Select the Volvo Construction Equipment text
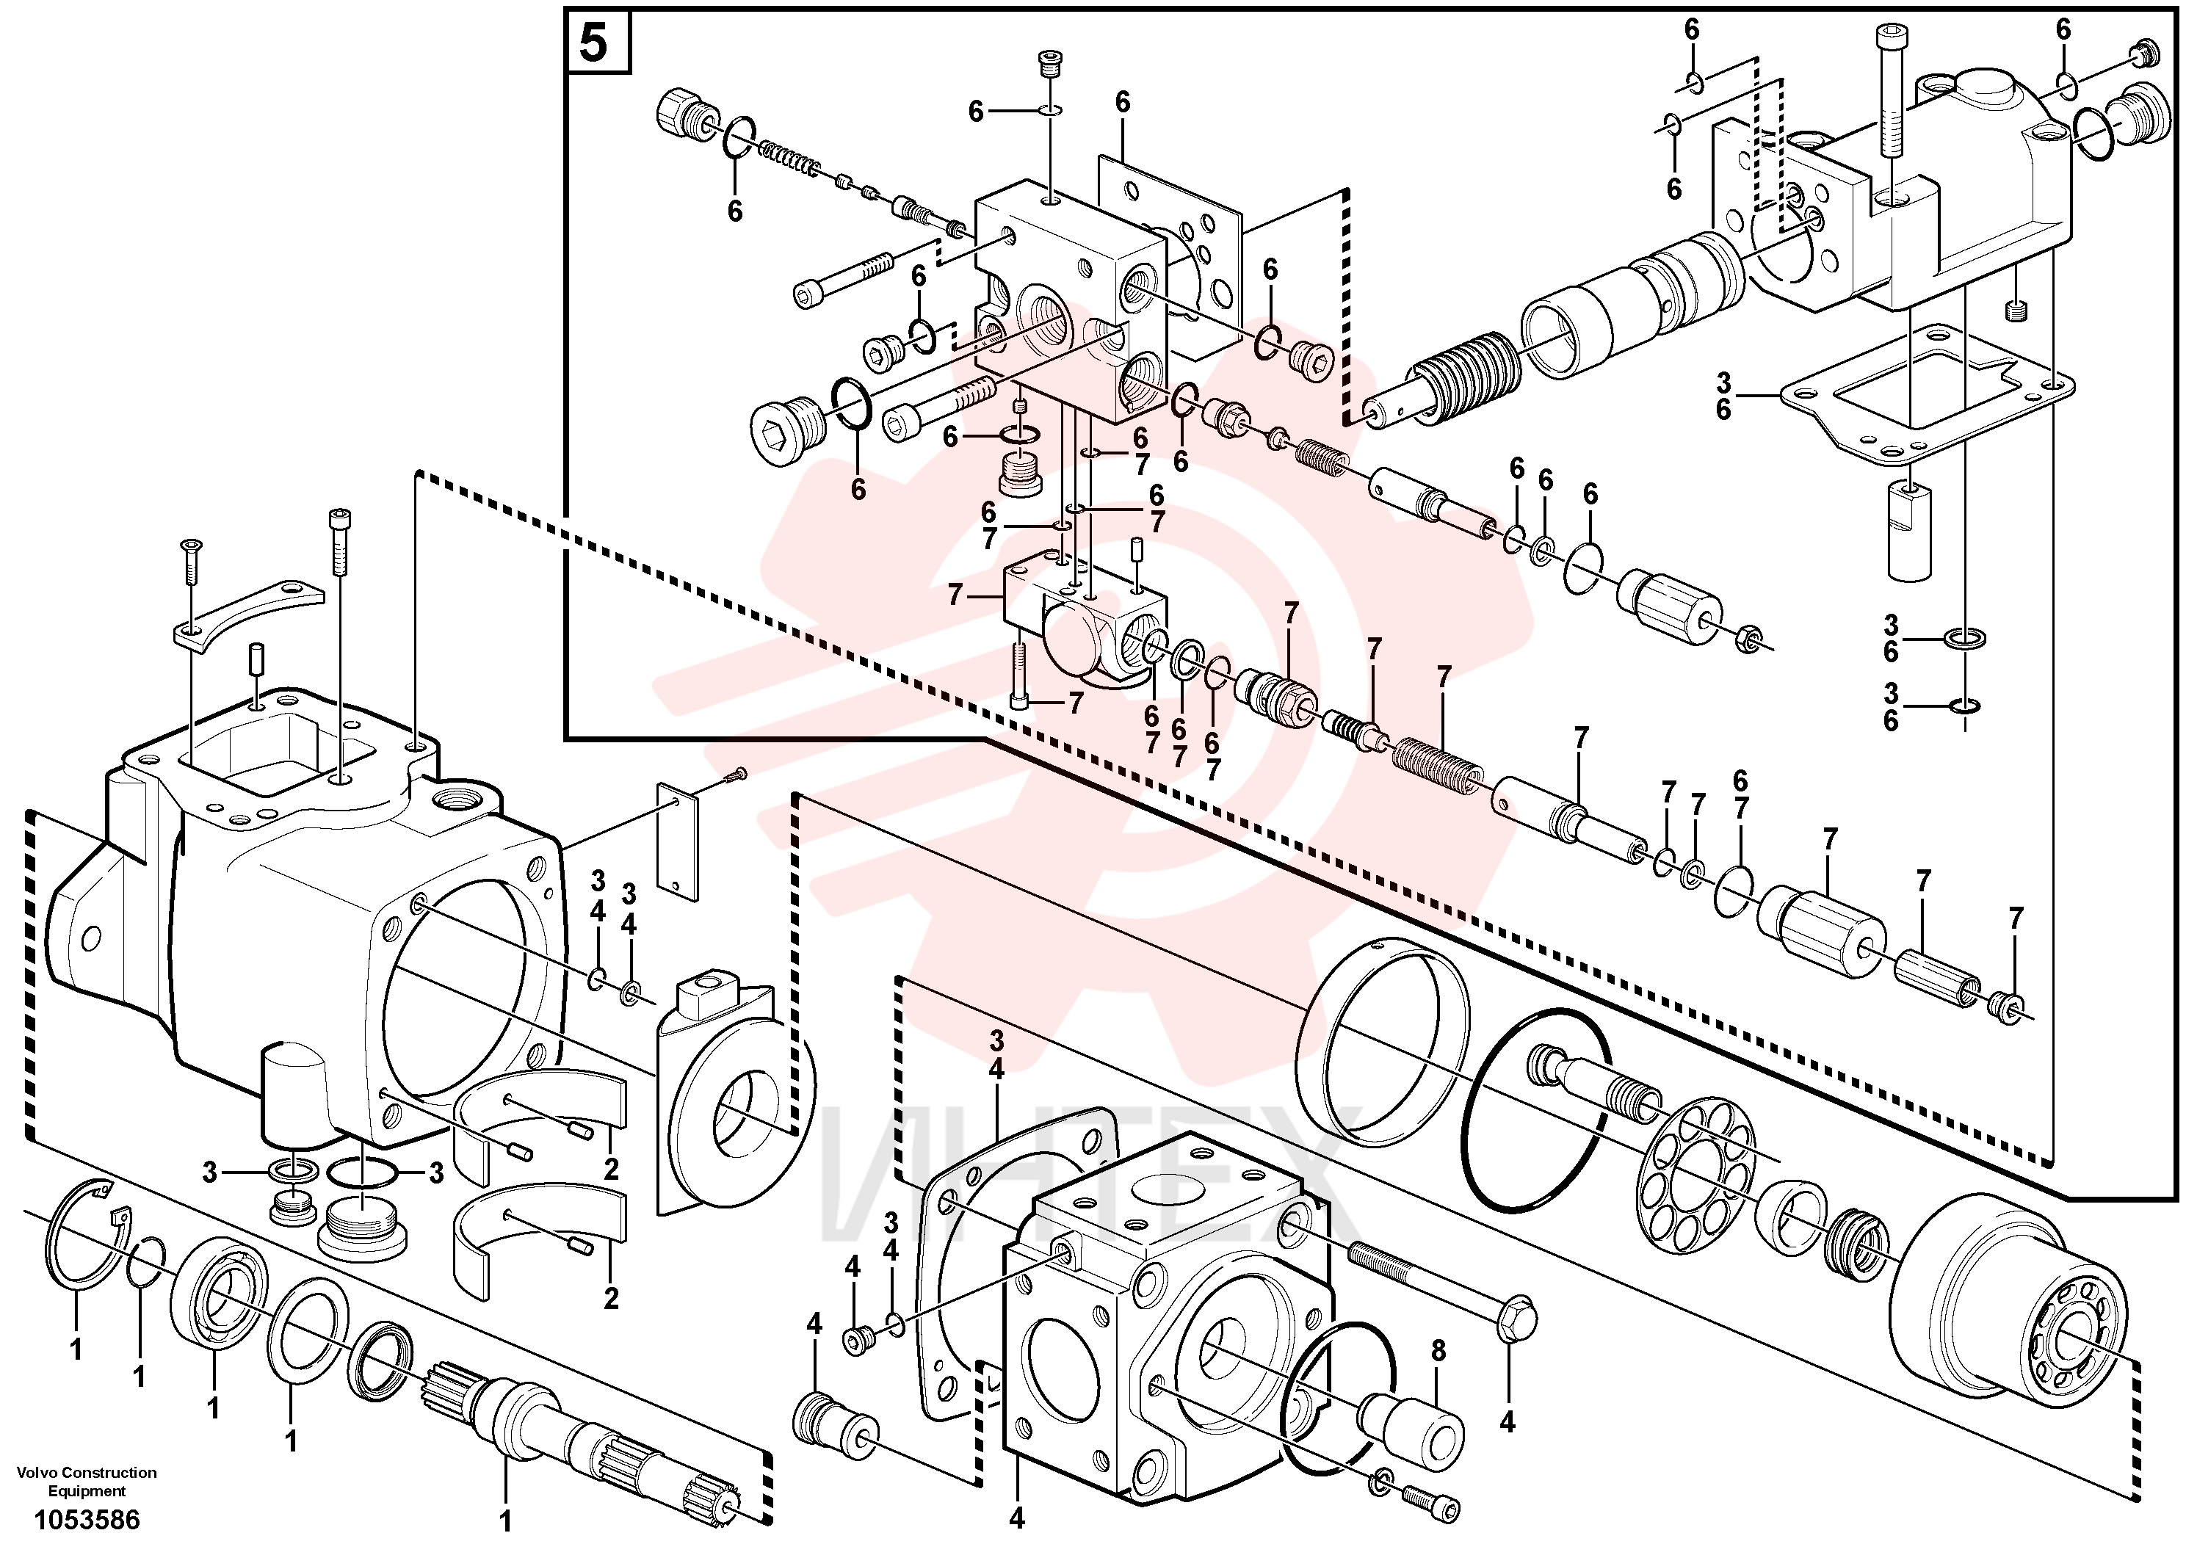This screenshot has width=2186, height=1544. (87, 1481)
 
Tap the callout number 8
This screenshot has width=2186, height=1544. (1438, 1351)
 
